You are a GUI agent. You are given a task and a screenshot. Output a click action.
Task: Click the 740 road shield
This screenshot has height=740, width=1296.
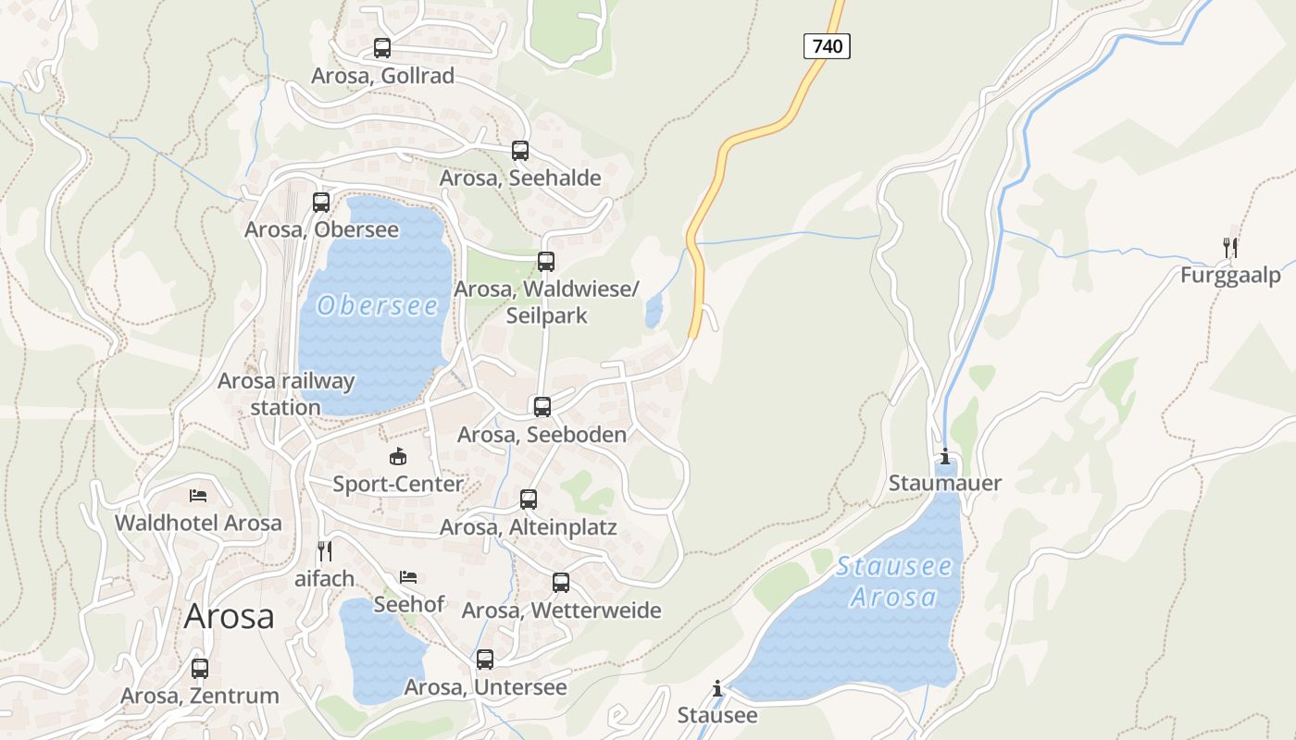[x=827, y=45]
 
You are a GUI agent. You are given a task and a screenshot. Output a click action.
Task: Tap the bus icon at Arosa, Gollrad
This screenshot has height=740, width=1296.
[x=382, y=48]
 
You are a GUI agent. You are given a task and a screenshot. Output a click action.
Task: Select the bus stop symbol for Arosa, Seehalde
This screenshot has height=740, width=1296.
[x=520, y=151]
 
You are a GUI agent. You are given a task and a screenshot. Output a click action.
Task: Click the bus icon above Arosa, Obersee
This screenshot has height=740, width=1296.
[x=321, y=202]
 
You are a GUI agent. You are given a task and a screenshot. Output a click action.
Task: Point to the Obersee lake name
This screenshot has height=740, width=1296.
[x=377, y=305]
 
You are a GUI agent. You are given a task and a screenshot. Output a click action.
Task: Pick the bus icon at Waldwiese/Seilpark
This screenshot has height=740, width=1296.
[x=546, y=262]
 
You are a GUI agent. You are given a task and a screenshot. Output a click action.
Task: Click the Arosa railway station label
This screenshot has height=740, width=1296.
[x=286, y=394]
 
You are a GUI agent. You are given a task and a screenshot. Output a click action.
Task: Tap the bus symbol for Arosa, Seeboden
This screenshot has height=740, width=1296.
[x=542, y=406]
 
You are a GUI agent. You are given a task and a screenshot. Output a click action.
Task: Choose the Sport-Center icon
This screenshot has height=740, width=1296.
[x=398, y=456]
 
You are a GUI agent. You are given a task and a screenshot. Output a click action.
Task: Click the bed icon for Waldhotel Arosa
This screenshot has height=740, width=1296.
[x=198, y=496]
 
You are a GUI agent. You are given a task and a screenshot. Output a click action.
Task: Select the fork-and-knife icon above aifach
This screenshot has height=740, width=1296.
[x=325, y=551]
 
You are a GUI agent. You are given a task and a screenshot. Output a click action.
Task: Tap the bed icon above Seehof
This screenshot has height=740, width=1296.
[x=408, y=577]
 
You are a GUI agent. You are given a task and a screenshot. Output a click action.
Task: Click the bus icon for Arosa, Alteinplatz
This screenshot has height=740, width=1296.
[x=529, y=499]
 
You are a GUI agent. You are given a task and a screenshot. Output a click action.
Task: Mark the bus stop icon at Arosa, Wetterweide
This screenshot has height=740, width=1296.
[x=561, y=583]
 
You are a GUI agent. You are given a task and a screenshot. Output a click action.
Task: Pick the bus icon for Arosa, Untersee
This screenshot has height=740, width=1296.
[x=485, y=660]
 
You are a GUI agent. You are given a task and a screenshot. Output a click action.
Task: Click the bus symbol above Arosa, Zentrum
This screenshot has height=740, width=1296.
[x=200, y=668]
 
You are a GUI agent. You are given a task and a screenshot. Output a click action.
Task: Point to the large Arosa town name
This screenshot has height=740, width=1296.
[x=229, y=616]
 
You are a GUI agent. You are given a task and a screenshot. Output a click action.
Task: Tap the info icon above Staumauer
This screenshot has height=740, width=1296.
[x=945, y=456]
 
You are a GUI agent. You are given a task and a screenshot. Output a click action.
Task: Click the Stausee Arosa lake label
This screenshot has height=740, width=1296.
[x=894, y=582]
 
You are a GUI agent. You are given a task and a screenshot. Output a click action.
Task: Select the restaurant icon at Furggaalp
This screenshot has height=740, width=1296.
[x=1230, y=247]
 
